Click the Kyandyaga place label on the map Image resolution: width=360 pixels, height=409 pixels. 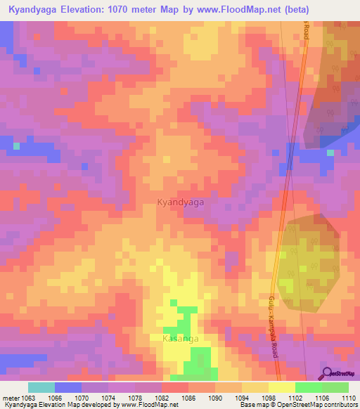tap(181, 202)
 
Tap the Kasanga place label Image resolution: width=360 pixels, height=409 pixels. tap(181, 339)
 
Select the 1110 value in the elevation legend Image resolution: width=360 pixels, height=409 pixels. tap(349, 398)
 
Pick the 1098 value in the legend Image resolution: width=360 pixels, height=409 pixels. tap(269, 398)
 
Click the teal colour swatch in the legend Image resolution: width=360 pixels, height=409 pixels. tap(41, 387)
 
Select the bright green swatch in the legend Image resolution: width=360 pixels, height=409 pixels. tap(308, 387)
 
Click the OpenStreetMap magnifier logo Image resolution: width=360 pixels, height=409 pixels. tap(326, 374)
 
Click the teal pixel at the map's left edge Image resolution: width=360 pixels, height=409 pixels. tap(16, 146)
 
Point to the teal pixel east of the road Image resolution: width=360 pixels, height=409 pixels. tap(330, 152)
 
